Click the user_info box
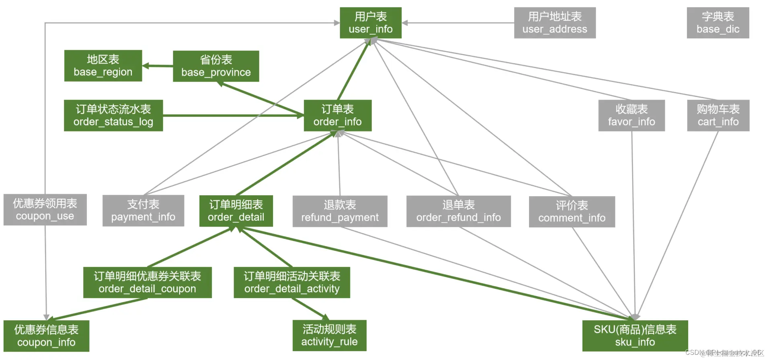point(370,23)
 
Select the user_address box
point(554,23)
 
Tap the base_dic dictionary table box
point(718,23)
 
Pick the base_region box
point(103,65)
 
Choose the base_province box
point(216,66)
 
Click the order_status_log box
point(113,115)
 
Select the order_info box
point(337,115)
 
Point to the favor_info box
point(631,115)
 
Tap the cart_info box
point(718,115)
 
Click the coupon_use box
point(45,210)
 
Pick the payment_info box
point(143,211)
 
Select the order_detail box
point(236,211)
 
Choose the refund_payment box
point(340,211)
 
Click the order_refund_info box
point(458,211)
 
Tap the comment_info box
point(572,212)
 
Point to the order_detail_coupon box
point(147,282)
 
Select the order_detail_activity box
point(292,282)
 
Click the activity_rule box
point(329,335)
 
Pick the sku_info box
point(635,336)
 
